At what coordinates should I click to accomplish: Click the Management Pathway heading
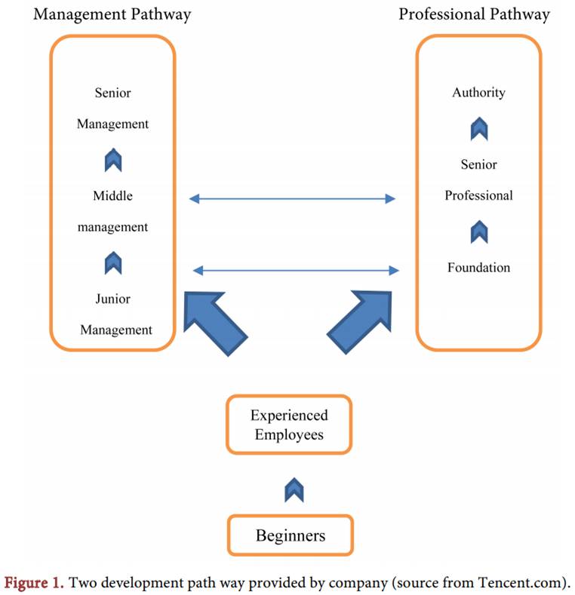point(112,14)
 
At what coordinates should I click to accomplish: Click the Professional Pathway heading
point(474,14)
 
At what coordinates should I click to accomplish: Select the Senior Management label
point(112,109)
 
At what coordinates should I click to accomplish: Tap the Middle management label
point(112,211)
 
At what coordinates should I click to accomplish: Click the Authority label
point(478,93)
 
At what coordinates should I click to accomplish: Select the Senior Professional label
point(478,179)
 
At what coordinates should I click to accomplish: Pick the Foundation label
point(478,267)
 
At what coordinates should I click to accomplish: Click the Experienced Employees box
point(289,425)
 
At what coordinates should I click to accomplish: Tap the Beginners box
point(291,535)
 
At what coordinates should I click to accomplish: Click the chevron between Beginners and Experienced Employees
point(294,491)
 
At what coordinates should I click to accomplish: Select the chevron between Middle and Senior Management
point(113,160)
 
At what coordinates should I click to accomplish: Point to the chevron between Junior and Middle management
point(113,263)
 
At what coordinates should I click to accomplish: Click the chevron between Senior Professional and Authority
point(478,129)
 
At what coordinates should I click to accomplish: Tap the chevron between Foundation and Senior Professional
point(478,232)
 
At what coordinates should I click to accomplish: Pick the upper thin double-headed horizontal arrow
point(292,198)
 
